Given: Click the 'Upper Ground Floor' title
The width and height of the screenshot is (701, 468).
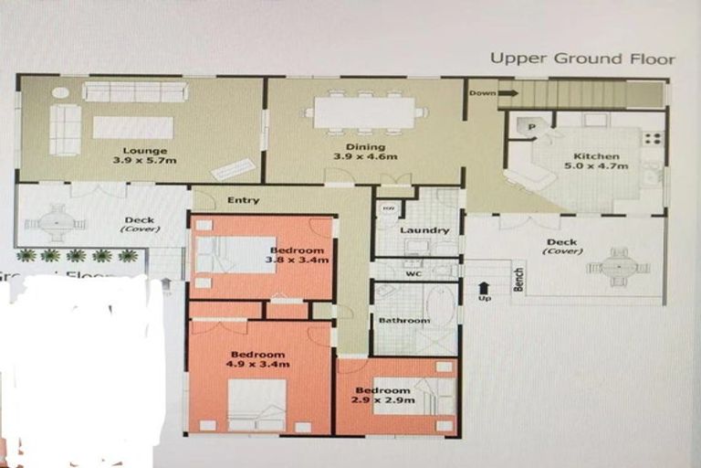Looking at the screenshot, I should tap(582, 59).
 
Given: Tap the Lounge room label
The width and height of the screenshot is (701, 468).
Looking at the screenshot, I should tap(146, 151).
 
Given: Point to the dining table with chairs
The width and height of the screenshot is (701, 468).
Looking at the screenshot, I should tap(365, 112).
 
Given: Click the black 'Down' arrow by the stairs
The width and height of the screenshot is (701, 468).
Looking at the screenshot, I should tap(507, 93).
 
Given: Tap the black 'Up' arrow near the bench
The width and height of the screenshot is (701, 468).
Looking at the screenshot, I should tap(483, 289).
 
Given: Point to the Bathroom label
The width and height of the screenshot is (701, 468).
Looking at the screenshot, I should tap(404, 321).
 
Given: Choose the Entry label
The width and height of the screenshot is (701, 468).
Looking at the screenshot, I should tap(243, 200).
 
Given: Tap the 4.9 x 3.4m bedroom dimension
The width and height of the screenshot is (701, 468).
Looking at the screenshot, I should tap(258, 365).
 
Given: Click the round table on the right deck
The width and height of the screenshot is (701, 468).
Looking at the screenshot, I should tap(618, 267).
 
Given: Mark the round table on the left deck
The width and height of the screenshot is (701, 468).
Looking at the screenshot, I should tap(56, 222).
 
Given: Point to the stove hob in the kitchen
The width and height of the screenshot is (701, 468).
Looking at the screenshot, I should tap(653, 139).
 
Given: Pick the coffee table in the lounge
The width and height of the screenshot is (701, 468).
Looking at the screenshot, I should tap(132, 127).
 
